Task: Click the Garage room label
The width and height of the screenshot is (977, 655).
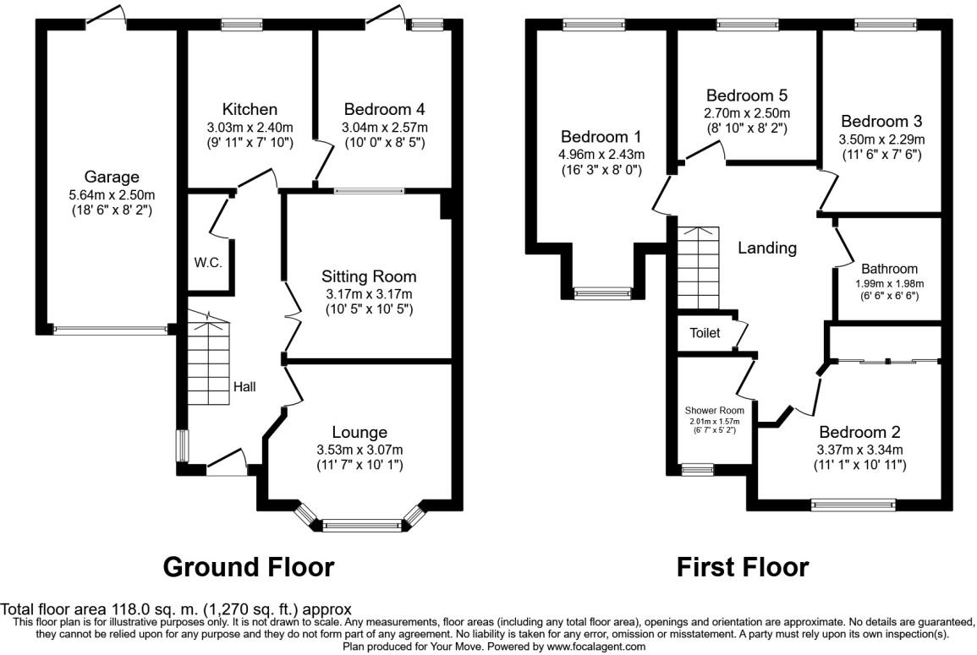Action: [x=111, y=177]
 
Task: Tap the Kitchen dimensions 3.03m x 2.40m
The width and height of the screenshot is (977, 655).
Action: [x=249, y=127]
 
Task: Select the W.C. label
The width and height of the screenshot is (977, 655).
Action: [x=207, y=263]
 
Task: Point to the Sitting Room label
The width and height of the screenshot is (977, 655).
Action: [x=369, y=276]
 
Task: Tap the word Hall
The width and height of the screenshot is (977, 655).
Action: [x=244, y=387]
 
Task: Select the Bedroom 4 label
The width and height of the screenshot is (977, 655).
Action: [x=384, y=109]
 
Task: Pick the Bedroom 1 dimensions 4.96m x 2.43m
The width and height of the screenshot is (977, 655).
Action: [x=601, y=154]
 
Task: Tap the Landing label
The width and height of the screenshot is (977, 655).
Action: [x=767, y=248]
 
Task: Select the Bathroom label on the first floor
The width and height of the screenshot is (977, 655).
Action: [x=889, y=269]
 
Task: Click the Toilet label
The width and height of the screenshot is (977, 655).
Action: [x=704, y=333]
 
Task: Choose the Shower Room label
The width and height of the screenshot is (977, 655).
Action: [x=714, y=411]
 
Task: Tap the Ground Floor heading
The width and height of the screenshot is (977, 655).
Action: [x=248, y=566]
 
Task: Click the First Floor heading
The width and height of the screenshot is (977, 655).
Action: [x=742, y=566]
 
